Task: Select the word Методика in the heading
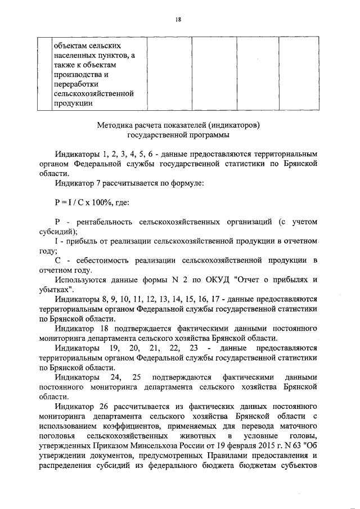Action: [x=115, y=125]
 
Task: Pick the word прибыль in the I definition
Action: [x=83, y=242]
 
